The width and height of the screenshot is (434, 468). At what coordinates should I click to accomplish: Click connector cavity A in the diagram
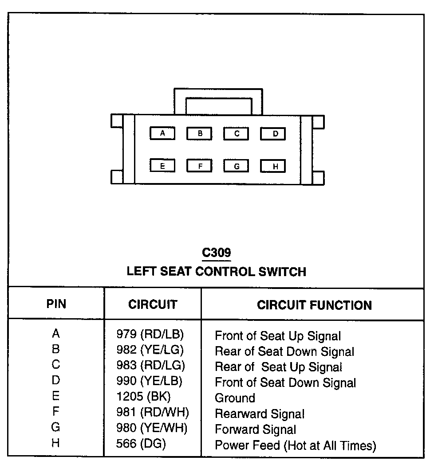162,133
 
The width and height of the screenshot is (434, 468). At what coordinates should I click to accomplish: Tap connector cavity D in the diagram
273,134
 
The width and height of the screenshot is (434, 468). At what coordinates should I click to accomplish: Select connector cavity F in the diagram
199,166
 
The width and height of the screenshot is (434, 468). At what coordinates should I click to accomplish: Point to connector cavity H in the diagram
273,167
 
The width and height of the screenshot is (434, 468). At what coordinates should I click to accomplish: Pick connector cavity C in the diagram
236,133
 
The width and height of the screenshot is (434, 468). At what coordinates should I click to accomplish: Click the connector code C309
216,253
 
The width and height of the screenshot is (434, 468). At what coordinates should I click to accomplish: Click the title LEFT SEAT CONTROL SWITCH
216,271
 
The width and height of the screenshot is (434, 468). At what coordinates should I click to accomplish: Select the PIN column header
56,304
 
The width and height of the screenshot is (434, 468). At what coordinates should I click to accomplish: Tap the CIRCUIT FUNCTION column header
314,305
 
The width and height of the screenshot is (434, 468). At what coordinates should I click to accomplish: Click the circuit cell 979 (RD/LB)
150,334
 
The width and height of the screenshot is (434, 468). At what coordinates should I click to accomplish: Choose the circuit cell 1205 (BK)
143,396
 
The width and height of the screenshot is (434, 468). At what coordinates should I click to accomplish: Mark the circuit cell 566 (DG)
141,443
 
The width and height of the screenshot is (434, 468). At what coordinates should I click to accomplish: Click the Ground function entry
235,398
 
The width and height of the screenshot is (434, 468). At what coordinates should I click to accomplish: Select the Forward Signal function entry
255,429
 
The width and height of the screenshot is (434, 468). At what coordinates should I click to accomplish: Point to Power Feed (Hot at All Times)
295,445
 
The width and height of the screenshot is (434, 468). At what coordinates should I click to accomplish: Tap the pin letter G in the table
56,427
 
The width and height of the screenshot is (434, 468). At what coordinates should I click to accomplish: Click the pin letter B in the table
56,349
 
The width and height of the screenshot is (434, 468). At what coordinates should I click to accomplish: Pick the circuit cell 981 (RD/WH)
152,412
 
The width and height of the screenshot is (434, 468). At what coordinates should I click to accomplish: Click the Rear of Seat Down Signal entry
284,351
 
